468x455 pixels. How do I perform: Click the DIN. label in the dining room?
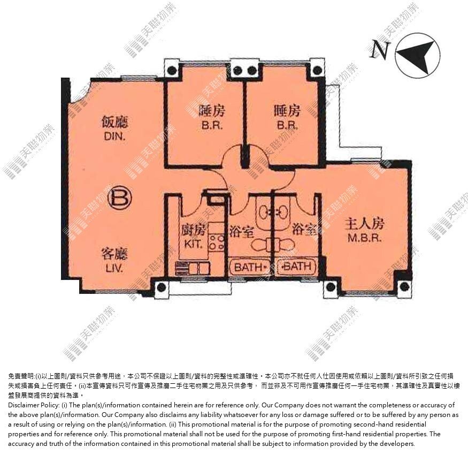(x=114, y=136)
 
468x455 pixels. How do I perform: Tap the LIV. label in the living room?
(x=114, y=268)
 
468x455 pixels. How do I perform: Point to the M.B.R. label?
(x=364, y=238)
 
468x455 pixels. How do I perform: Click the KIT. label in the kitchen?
(x=193, y=244)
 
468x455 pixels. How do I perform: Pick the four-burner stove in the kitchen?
(x=217, y=242)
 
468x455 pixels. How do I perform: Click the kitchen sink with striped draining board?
(x=192, y=268)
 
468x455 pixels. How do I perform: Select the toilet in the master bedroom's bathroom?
(x=284, y=245)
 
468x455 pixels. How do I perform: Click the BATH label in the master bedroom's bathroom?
(x=297, y=266)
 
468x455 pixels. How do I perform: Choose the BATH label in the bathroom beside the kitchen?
(x=250, y=267)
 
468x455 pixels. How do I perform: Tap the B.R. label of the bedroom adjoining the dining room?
(x=212, y=125)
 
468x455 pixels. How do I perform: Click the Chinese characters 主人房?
(x=364, y=223)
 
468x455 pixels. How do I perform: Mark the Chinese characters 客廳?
(x=114, y=254)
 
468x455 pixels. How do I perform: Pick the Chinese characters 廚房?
(x=194, y=230)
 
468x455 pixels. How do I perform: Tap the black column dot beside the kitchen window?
(x=161, y=287)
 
